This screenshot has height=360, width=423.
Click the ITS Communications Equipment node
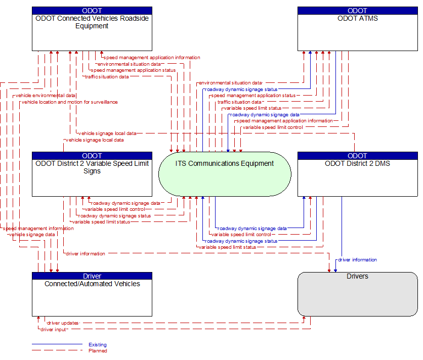click(225, 174)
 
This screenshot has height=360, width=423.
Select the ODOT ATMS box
click(357, 29)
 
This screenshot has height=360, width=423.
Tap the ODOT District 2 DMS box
click(357, 174)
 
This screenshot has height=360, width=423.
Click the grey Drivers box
click(357, 294)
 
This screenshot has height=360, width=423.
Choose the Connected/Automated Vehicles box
click(92, 294)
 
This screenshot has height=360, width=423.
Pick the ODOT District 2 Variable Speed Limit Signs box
click(92, 174)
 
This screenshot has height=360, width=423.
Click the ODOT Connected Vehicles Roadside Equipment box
click(92, 29)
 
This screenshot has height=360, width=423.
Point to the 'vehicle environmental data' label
click(45, 96)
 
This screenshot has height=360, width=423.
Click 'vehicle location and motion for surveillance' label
click(70, 102)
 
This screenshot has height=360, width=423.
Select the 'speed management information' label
click(38, 229)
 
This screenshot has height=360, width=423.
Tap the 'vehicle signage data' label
click(32, 235)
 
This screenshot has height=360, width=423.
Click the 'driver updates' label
click(63, 323)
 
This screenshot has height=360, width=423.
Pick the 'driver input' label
click(53, 329)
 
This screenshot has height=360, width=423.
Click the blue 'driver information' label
click(357, 260)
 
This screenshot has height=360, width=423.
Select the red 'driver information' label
click(85, 253)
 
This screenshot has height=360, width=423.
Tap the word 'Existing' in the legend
click(98, 345)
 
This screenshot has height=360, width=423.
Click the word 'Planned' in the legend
click(98, 351)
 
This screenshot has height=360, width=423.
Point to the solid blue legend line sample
click(57, 344)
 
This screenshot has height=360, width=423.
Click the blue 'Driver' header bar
click(92, 276)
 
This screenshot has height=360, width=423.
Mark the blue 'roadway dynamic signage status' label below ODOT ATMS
click(241, 89)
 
